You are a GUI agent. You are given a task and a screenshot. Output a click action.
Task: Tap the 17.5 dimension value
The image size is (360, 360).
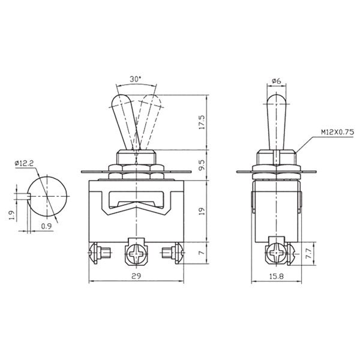point(202,122)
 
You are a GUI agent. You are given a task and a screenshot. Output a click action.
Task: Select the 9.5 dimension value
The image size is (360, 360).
point(202,164)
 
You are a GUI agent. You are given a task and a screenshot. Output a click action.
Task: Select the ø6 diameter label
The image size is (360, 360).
point(277,80)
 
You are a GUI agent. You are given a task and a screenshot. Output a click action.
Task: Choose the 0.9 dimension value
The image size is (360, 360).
point(46,226)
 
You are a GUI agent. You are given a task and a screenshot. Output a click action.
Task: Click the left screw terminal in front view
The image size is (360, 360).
point(98,253)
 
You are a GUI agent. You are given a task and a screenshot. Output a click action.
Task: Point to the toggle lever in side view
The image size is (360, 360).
point(275,120)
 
